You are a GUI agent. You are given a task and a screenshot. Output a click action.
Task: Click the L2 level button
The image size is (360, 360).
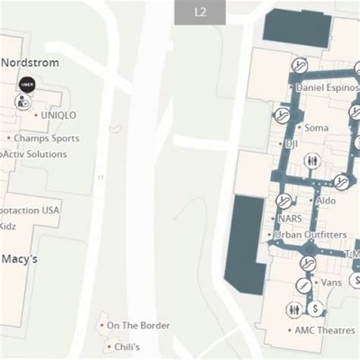pos(201,12)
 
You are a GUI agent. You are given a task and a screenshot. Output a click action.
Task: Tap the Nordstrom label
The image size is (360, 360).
pos(30,62)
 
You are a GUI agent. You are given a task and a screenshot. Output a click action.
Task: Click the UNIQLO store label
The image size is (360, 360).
pos(59,115)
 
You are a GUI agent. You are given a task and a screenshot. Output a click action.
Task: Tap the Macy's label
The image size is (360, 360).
pos(21,259)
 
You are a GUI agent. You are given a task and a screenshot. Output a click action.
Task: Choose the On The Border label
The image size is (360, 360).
pos(137,326)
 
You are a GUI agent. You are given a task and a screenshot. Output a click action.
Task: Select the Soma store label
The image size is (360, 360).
pos(316,128)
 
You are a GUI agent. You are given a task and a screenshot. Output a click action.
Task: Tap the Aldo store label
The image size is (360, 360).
pos(325,201)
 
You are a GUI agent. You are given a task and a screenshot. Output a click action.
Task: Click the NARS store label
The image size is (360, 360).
pos(289,217)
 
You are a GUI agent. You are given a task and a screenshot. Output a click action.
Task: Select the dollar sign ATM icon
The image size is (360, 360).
pos(314,308)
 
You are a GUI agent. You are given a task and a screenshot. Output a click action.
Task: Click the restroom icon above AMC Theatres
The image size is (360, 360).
pos(294,309)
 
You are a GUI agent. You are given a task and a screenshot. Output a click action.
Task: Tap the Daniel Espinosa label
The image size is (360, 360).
pos(326,88)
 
